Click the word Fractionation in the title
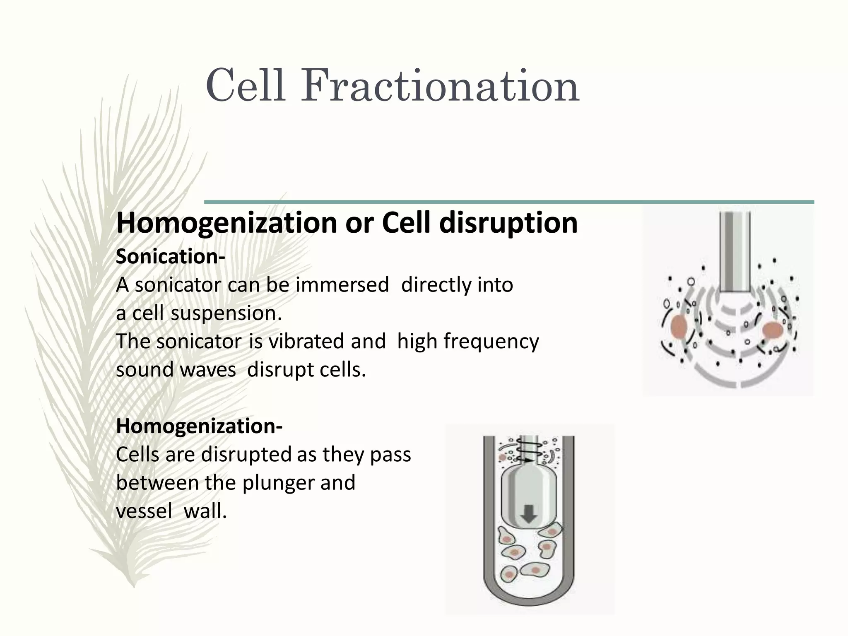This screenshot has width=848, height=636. [439, 87]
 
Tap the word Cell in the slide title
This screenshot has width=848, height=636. [245, 87]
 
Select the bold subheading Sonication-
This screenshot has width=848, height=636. [170, 257]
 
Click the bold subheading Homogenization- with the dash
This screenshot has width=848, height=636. [199, 426]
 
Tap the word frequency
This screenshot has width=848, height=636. [491, 342]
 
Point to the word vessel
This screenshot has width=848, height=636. [144, 511]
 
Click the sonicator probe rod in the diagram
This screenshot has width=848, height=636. [735, 253]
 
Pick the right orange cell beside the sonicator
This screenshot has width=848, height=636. [773, 330]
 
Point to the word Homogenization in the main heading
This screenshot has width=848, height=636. [227, 223]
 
